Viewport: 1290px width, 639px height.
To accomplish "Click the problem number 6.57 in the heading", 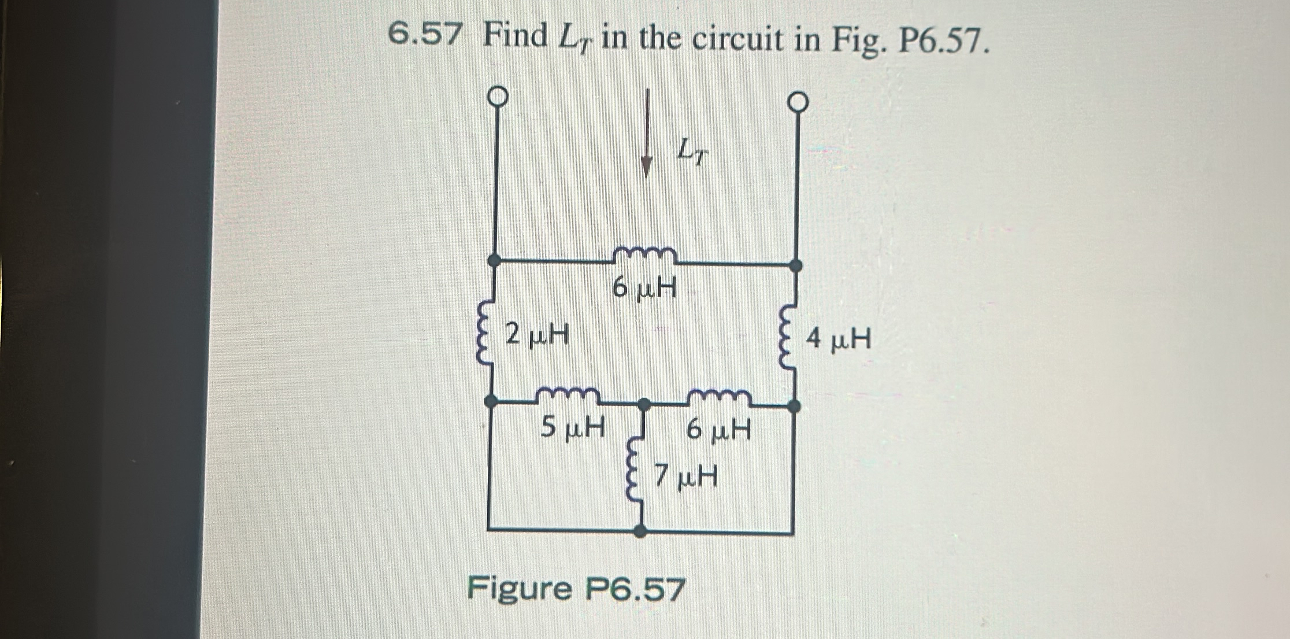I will point(425,36).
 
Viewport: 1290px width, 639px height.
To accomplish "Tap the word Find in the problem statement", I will point(516,36).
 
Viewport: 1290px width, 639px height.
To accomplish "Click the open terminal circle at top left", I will point(499,97).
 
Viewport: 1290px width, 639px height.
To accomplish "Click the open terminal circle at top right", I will point(798,103).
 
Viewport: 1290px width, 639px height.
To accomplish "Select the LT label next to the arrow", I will point(692,152).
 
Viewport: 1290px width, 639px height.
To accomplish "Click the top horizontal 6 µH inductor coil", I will point(644,253).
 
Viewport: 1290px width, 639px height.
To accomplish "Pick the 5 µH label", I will point(573,429).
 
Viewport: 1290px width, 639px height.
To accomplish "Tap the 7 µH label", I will point(687,477).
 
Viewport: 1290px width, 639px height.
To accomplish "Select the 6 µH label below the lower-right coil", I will point(719,430).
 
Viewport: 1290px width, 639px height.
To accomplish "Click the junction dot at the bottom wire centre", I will point(640,530).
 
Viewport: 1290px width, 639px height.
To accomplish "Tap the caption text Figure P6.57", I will point(576,589).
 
